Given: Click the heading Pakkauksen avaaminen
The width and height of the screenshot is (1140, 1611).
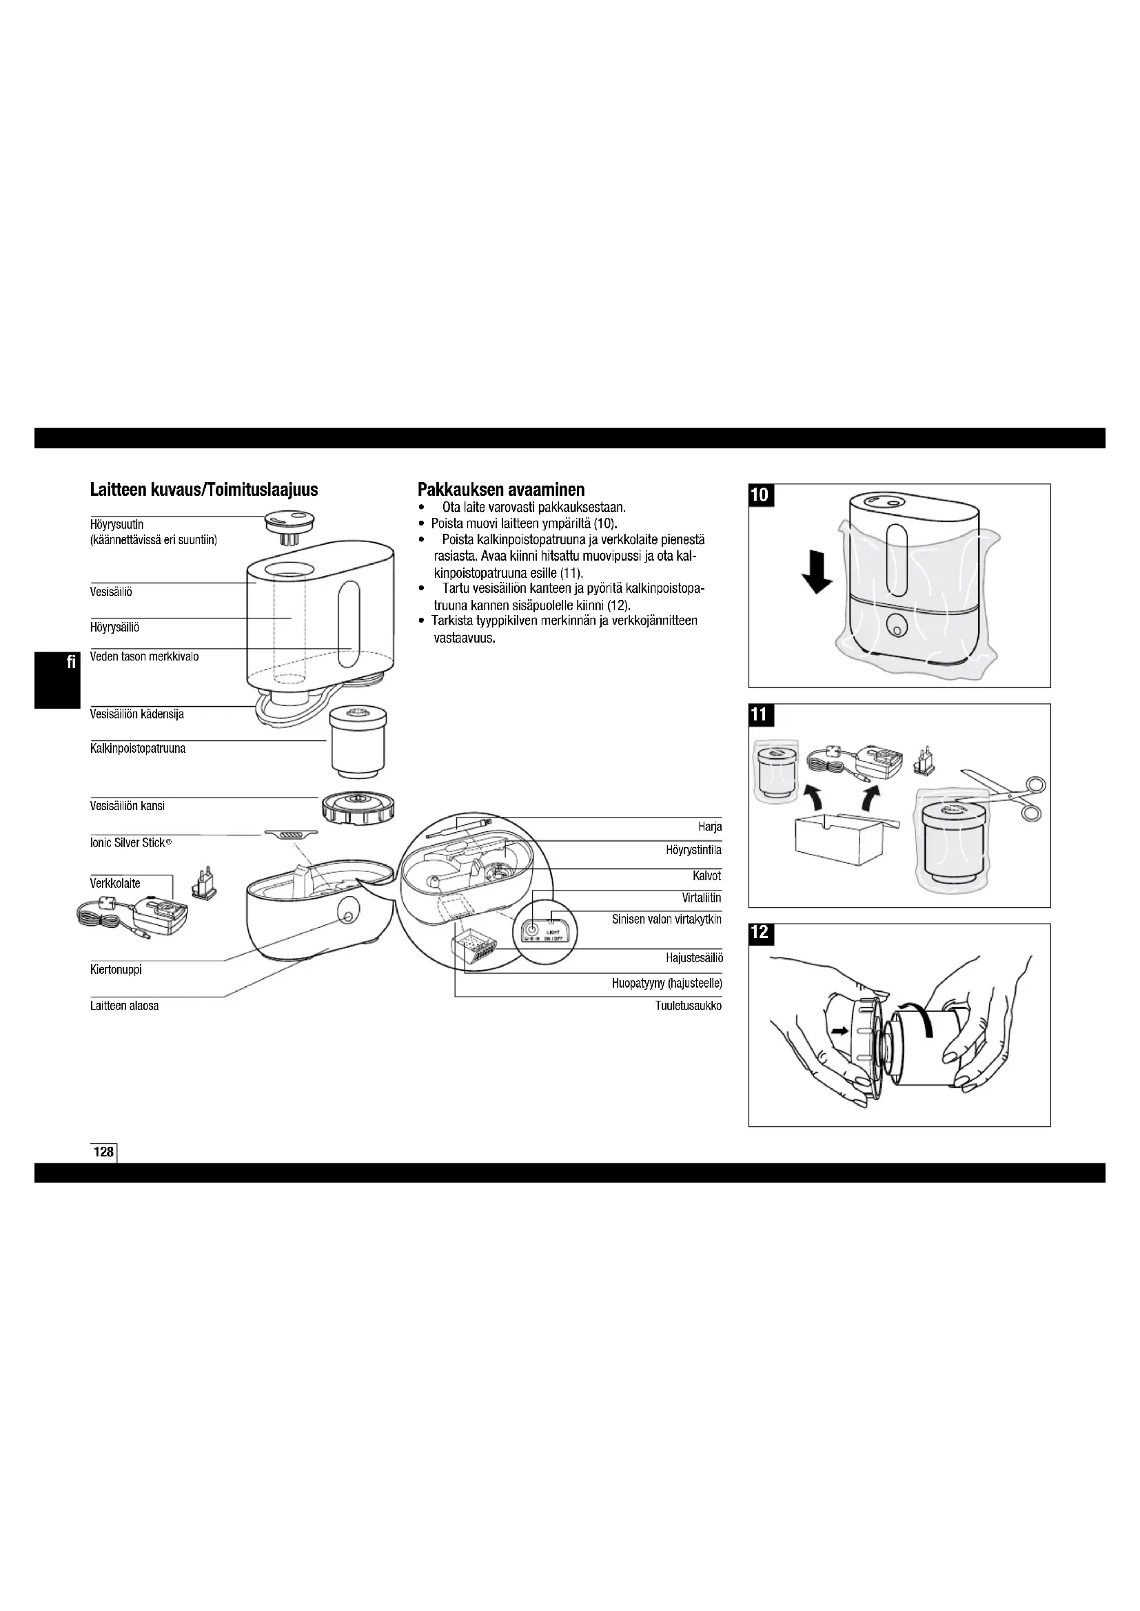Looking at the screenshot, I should click(500, 489).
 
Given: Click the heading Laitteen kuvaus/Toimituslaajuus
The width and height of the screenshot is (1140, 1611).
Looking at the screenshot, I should click(203, 490).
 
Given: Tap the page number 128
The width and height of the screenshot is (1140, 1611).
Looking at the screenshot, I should click(104, 1152).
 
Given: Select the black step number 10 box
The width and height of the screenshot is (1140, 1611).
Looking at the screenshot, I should click(760, 495).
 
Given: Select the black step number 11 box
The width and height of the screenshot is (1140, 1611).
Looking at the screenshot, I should click(760, 716).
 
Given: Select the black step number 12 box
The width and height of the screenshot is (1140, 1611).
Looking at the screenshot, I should click(760, 933).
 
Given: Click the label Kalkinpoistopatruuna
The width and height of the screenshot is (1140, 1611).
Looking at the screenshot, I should click(138, 749).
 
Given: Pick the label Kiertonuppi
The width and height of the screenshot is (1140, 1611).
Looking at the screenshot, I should click(116, 970).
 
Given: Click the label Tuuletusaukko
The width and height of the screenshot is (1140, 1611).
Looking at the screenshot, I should click(688, 1006).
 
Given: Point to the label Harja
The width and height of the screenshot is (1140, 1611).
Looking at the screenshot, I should click(710, 827).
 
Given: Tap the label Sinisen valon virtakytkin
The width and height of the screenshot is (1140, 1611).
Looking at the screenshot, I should click(666, 919).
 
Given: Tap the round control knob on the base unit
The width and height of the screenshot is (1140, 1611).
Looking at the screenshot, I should click(347, 912).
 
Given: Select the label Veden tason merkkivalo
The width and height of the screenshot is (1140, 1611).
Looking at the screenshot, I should click(144, 657).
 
